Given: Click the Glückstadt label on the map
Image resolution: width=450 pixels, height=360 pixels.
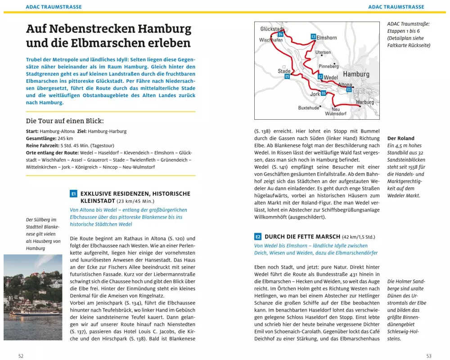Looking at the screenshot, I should coord(272,29).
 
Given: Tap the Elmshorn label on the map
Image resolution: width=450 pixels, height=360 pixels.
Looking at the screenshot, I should coord(327,38).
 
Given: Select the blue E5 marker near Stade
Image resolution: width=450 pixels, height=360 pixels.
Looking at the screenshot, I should coord(287,77).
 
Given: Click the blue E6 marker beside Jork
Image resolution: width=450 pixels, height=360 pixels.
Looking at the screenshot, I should coord(323,93).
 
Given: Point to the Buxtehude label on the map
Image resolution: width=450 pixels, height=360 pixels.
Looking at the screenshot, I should coord(309,108).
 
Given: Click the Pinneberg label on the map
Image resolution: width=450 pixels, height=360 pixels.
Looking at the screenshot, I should coord(328,66).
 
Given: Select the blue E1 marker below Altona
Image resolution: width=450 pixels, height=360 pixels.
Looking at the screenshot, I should coord(349,90).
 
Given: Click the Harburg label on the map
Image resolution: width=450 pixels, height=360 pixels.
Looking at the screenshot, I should coord(365,102).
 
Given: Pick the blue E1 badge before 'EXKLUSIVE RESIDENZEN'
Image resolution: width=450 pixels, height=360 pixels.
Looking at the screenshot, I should coord(74,194).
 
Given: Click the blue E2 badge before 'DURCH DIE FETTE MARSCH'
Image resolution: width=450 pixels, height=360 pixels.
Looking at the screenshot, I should coord(258,237).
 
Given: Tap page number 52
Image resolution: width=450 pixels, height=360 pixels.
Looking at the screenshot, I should coord(21,356).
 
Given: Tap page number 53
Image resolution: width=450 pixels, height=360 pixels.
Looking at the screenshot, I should coord(429,356).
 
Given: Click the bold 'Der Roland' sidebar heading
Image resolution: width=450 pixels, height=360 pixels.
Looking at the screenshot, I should coord(400,138).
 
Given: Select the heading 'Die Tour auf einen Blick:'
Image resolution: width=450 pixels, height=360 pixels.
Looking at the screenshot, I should coord(65,121).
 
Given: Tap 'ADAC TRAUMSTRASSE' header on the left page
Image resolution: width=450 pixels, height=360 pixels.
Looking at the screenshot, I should coord(54,7).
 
